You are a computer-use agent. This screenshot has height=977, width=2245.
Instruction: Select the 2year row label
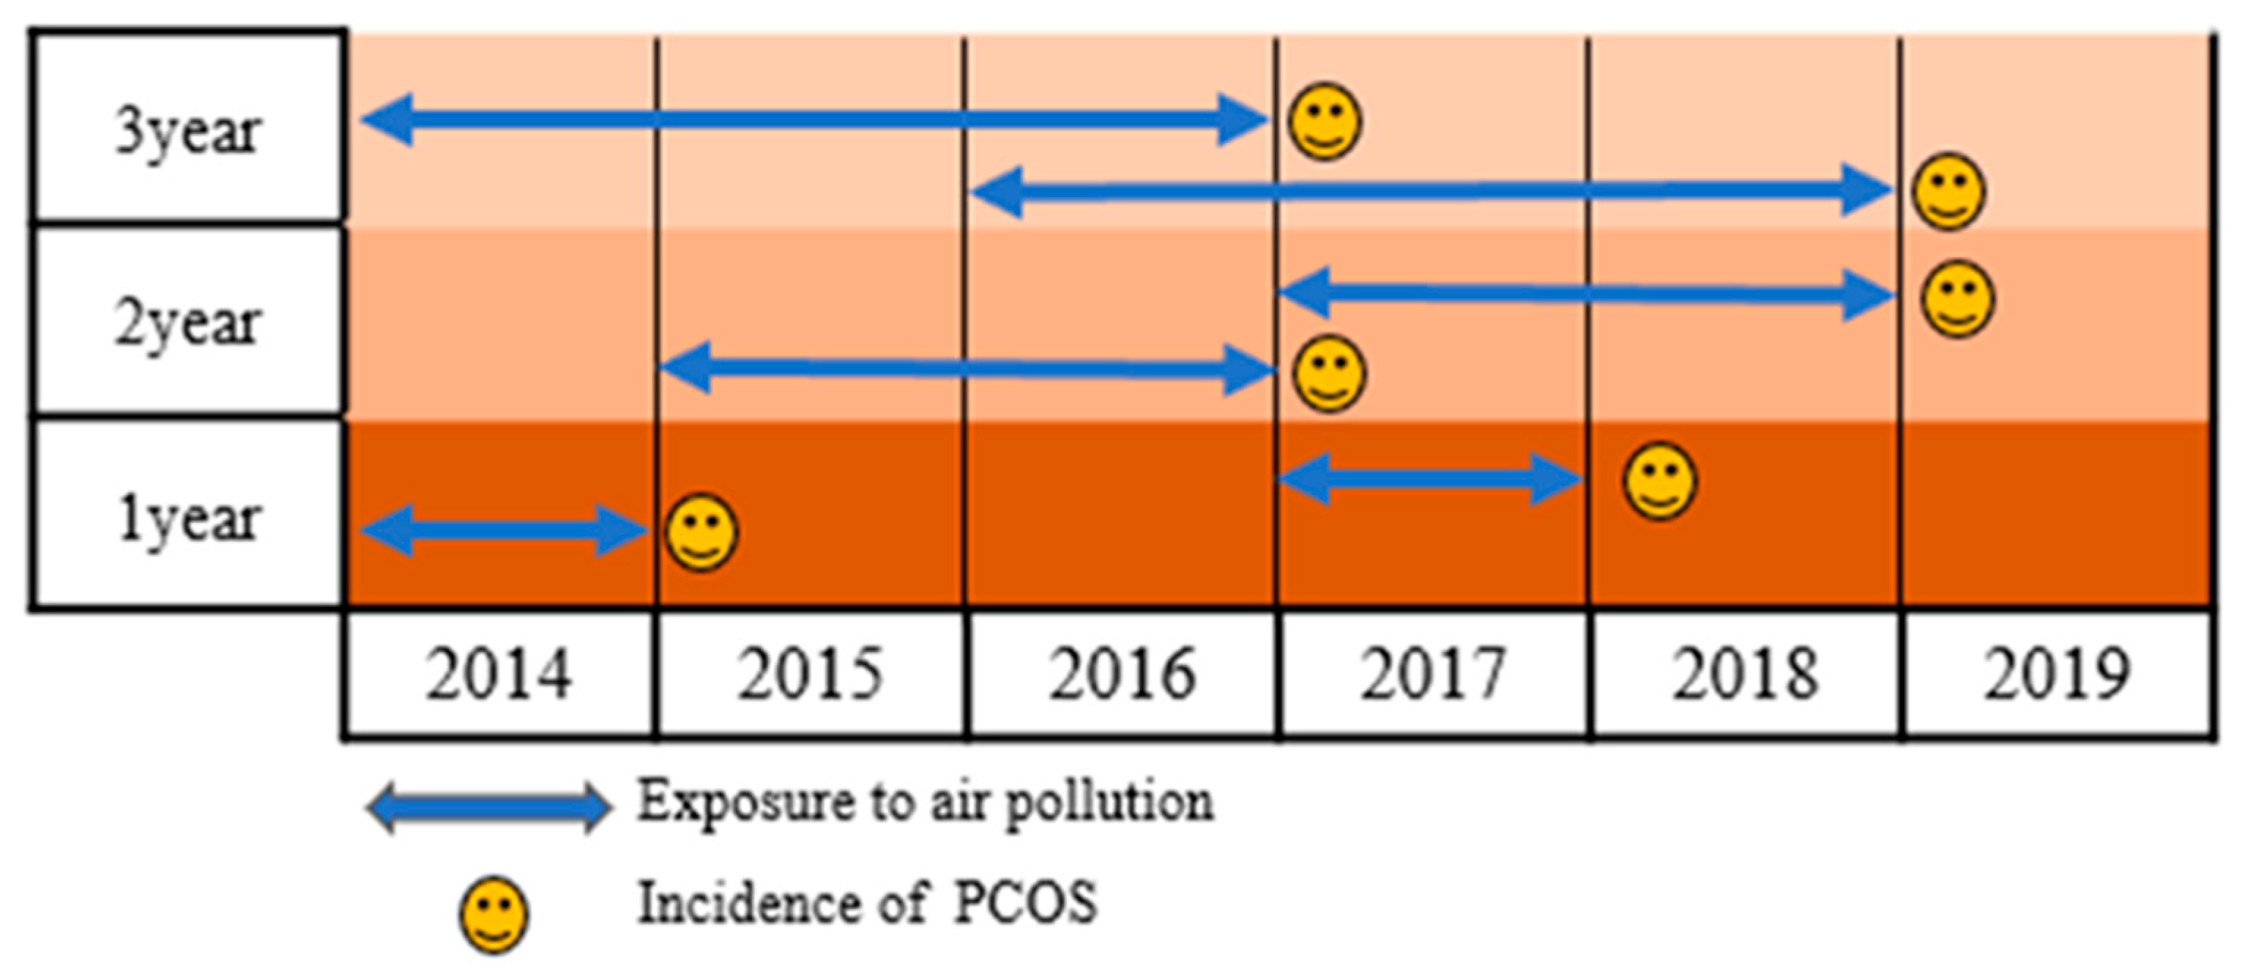[187, 322]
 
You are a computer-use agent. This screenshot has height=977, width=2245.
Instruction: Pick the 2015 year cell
[810, 674]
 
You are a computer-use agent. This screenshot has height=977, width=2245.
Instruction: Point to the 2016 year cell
[1122, 674]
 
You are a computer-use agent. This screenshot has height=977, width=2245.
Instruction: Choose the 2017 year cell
[1433, 674]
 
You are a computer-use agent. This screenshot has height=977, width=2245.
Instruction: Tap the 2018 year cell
[1745, 674]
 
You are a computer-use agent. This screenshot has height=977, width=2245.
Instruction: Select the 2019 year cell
[2057, 674]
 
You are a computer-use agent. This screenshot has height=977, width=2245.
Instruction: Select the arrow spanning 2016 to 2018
[1429, 190]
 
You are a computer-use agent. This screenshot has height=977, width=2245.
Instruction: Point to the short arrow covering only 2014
[503, 530]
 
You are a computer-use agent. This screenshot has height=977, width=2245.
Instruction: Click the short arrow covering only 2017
[1429, 478]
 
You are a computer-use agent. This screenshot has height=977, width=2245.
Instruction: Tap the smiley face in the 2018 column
[1659, 481]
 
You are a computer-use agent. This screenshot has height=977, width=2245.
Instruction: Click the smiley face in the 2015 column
[701, 532]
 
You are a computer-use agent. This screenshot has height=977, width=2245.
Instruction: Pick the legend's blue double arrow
[488, 807]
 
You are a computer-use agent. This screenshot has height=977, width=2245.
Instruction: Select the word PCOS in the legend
[1025, 902]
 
